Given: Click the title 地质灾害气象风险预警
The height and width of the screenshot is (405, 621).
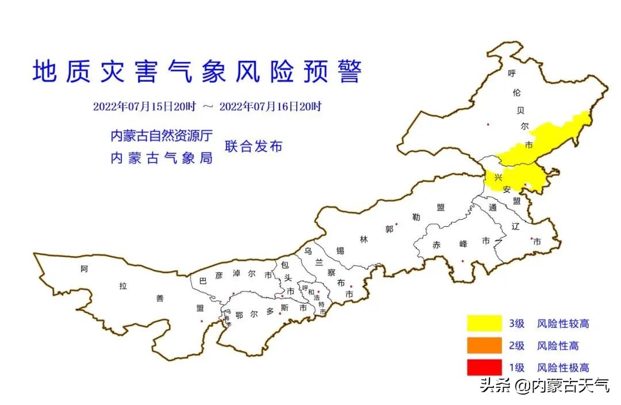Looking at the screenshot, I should [197, 72].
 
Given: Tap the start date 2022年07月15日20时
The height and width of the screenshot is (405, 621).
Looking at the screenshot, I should [144, 106].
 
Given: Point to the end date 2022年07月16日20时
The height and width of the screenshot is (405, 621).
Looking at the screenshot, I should [270, 106].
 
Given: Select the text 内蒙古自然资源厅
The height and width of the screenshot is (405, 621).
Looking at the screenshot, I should [162, 136].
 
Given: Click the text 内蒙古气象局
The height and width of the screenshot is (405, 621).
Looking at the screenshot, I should [162, 158].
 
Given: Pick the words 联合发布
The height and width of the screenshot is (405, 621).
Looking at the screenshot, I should [254, 146].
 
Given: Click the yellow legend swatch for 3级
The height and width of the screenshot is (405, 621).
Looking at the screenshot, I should [484, 323].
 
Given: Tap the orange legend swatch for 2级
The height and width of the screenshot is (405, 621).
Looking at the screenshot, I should [484, 345].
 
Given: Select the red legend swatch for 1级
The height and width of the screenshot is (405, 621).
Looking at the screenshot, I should [484, 367].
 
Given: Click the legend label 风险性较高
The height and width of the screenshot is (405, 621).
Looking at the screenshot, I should [563, 324].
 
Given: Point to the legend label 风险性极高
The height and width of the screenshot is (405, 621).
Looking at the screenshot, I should [563, 368].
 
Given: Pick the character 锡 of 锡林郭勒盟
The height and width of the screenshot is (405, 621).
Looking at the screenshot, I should [340, 250].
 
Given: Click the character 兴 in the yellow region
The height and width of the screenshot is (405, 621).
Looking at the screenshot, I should [498, 177].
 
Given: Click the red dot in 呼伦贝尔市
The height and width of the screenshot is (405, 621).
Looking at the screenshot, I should [488, 124].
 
